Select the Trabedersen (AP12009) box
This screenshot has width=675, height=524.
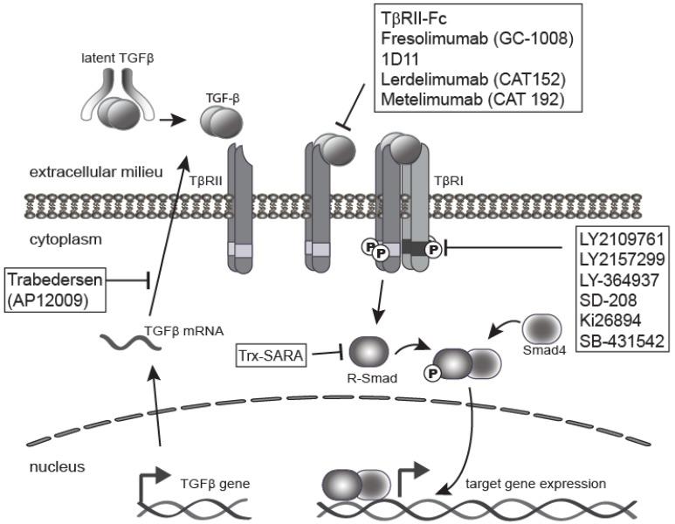coord(56,289)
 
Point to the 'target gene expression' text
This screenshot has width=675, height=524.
coord(534,482)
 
